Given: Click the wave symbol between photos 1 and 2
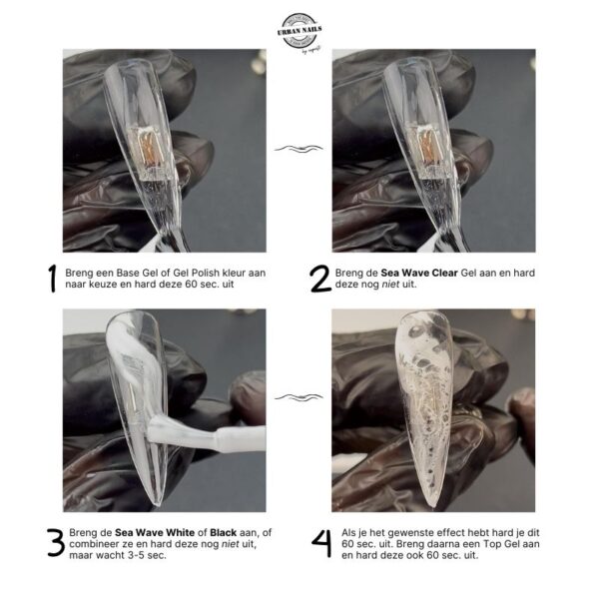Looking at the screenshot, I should click(x=299, y=149).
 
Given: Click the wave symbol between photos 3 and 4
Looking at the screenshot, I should click(x=299, y=397).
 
